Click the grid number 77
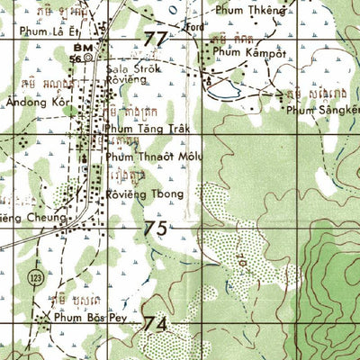(155, 39)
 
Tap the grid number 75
(155, 229)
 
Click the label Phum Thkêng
(249, 11)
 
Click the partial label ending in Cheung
(32, 217)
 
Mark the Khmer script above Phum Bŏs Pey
(73, 298)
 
